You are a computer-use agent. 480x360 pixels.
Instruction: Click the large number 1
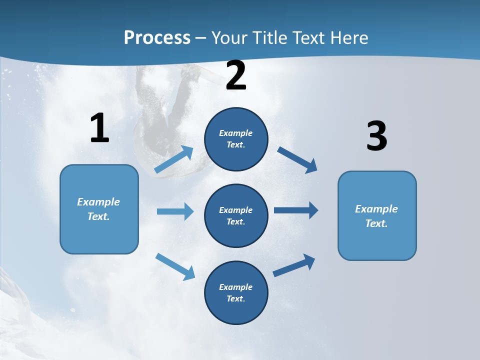click(99, 128)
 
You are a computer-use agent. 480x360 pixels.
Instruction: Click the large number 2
click(236, 76)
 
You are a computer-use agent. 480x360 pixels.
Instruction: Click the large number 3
click(376, 136)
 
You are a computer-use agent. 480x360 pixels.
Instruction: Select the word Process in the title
click(157, 37)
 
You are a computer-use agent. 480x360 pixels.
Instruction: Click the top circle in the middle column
click(236, 139)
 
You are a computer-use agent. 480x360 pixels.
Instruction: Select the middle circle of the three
click(236, 215)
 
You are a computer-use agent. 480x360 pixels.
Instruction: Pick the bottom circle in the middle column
click(236, 292)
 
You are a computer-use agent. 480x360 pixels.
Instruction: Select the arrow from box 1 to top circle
click(174, 159)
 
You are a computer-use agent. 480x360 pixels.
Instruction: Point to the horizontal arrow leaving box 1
click(175, 211)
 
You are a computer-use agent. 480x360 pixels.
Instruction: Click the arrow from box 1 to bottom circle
click(175, 266)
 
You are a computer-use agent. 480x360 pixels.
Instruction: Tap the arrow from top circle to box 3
click(297, 159)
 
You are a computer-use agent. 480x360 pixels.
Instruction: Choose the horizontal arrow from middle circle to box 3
click(295, 210)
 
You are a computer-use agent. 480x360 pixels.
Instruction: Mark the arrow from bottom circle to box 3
click(294, 265)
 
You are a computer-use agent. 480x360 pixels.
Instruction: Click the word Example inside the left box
click(98, 202)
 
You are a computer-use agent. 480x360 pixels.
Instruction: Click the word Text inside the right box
click(376, 223)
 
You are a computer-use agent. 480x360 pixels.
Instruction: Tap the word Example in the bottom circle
click(235, 287)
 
